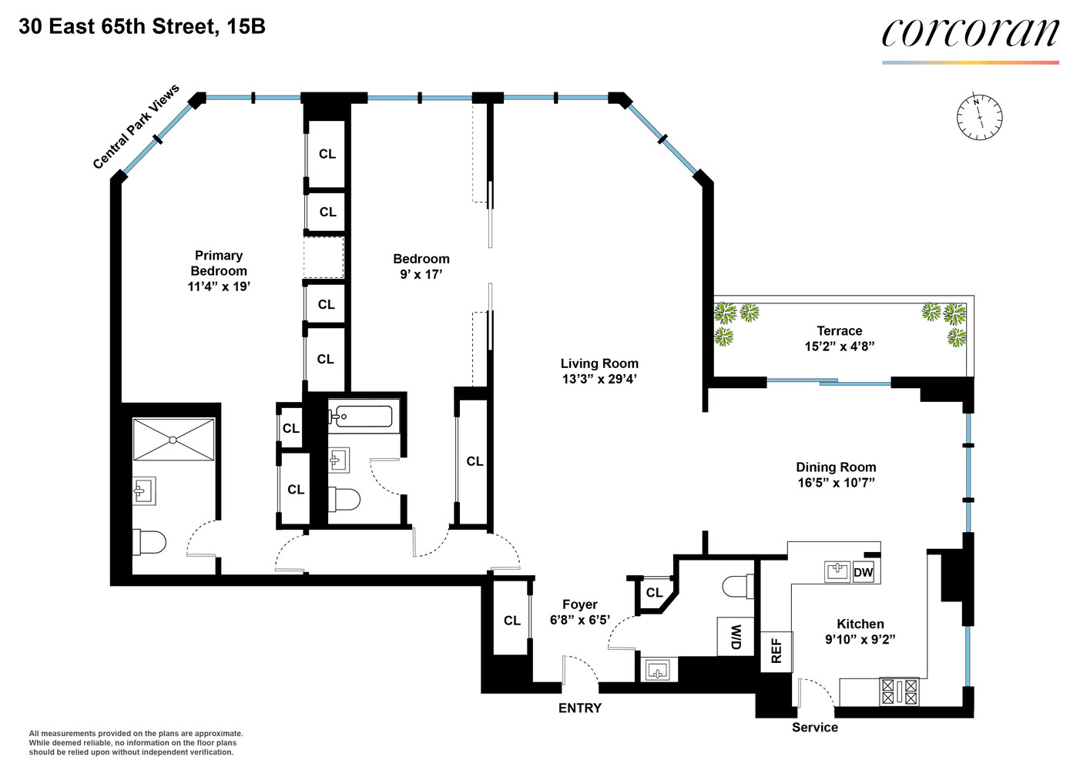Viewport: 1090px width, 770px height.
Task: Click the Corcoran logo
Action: pos(970,34)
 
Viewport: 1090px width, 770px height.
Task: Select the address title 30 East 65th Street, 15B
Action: pos(142,27)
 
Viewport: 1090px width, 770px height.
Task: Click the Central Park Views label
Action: pos(136,126)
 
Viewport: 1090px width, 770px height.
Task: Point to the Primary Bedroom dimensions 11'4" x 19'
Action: pos(219,286)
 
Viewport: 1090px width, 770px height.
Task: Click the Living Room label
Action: pos(599,363)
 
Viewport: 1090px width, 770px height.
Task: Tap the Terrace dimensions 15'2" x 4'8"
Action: pos(839,346)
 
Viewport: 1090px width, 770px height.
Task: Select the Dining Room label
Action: pos(836,467)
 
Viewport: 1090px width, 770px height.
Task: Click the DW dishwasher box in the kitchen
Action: pos(864,572)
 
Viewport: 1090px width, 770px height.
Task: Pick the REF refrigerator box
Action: pos(776,651)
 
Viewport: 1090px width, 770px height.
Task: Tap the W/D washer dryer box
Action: pos(735,637)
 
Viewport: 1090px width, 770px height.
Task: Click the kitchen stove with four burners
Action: pos(899,691)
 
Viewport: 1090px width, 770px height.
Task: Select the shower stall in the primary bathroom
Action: pos(173,440)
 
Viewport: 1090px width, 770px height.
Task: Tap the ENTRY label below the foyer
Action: pos(579,708)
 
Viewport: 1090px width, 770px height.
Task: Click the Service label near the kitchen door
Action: pos(814,727)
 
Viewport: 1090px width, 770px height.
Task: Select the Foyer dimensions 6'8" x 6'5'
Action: pos(579,620)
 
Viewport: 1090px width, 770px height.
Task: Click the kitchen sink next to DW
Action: pos(837,571)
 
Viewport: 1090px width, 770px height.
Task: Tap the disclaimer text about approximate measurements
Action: pos(136,742)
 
